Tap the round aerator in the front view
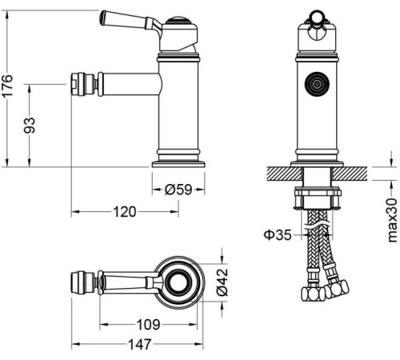(x=318, y=84)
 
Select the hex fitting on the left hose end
(x=310, y=294)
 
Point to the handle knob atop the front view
(x=318, y=17)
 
